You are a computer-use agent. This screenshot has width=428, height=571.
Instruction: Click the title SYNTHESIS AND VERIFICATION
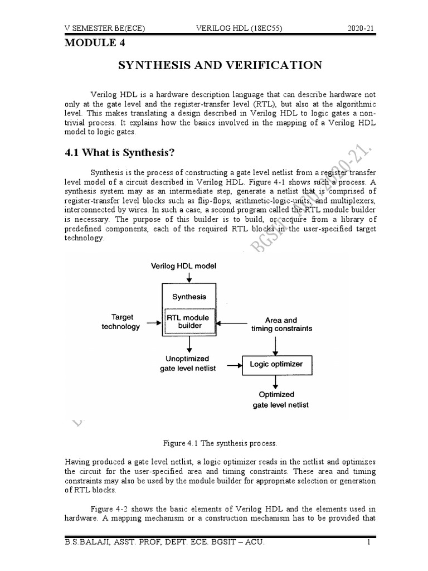coord(221,65)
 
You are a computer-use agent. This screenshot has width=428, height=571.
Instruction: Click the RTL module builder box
coord(189,321)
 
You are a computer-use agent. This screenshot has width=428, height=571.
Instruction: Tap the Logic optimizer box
coord(276,364)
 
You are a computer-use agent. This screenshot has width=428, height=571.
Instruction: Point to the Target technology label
coord(120,322)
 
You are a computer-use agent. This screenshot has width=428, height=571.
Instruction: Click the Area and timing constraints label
coord(281,325)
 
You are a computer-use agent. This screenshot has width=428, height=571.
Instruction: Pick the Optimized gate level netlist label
coord(276,399)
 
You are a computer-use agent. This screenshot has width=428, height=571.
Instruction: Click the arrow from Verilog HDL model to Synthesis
coord(189,277)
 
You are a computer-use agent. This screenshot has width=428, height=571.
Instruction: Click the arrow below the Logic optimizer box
coord(275,382)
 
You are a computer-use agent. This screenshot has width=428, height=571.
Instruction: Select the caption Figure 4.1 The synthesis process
coord(220,443)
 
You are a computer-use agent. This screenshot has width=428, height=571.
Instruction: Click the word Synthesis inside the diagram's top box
coord(189,297)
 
